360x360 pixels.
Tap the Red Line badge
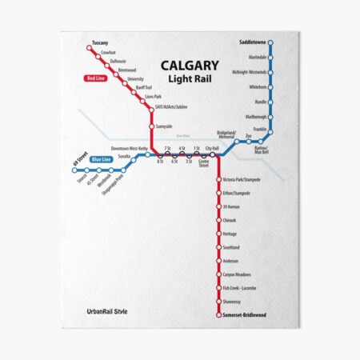point(95,78)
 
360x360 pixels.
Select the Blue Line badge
point(101,159)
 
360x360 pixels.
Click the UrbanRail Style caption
point(108,312)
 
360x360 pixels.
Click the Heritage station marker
point(218,234)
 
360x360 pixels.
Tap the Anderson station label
point(230,261)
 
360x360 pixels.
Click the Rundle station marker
point(272,102)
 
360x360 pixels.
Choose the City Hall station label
point(211,148)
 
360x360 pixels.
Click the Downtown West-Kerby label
point(129,149)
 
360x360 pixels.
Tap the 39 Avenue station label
point(231,206)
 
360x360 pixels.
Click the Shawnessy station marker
point(218,302)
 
